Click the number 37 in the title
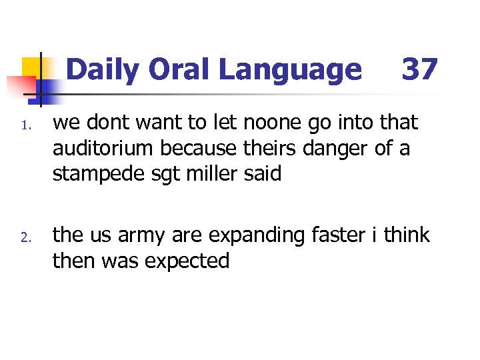pos(419,69)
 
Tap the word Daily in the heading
pos(103,69)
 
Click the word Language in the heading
pos(289,69)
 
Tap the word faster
pos(339,235)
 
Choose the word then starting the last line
pos(74,261)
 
